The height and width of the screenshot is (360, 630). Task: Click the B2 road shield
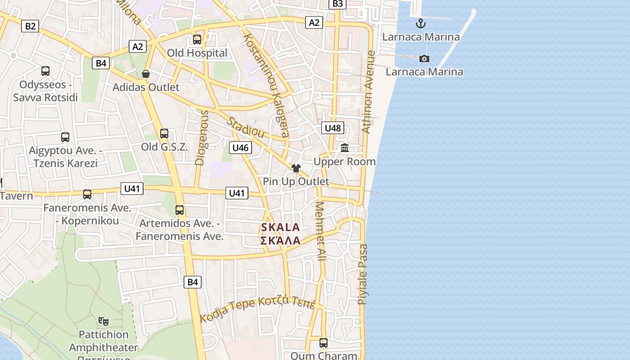(x=30, y=26)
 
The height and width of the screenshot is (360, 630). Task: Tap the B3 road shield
(x=337, y=4)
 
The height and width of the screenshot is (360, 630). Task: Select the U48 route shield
(x=333, y=128)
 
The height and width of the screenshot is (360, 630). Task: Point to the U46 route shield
(x=240, y=148)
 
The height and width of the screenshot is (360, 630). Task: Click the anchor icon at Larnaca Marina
(x=421, y=23)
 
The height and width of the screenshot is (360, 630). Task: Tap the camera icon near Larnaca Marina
(x=424, y=58)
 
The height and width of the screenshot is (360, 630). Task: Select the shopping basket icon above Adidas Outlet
(x=146, y=74)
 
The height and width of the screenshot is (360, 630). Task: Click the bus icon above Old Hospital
(x=197, y=40)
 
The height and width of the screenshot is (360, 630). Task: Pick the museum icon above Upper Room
(x=345, y=148)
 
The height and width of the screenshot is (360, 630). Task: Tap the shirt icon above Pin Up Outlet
(x=296, y=168)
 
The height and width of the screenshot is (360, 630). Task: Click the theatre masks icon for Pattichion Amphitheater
(x=103, y=321)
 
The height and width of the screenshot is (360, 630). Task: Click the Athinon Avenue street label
(x=368, y=92)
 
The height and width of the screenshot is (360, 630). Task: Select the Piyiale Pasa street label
(x=362, y=274)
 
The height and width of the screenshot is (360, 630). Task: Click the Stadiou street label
(x=245, y=127)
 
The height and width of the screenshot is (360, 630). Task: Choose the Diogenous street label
(x=201, y=138)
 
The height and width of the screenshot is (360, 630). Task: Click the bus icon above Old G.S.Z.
(x=164, y=134)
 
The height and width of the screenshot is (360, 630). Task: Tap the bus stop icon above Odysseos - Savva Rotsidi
(x=45, y=71)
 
